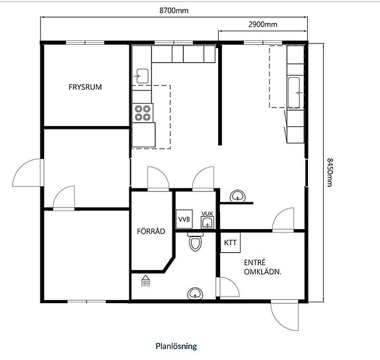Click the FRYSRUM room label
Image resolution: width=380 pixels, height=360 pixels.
point(85,87)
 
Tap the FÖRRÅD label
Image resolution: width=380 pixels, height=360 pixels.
point(151,231)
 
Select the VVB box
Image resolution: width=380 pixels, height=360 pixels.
point(184,219)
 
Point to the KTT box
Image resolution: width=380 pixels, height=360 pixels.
point(230,242)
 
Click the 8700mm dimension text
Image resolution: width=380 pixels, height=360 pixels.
point(174,11)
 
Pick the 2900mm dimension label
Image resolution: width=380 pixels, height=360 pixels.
point(263,24)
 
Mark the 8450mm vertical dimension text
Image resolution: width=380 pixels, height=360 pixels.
point(330,172)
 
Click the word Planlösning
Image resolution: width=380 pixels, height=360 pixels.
point(176,346)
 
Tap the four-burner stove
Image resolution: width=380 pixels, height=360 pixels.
point(143,113)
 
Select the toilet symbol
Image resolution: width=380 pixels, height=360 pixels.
point(195,242)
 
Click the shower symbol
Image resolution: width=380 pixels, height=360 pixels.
point(145,281)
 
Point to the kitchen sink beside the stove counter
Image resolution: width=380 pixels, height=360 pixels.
point(142,76)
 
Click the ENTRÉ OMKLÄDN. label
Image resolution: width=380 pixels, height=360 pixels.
point(262,268)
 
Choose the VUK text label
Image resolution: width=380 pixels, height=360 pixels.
point(208,213)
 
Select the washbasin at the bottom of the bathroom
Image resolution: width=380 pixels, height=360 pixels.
point(195,294)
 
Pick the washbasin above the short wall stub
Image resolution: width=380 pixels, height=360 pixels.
point(238,196)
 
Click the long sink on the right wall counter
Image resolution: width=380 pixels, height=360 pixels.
point(294,92)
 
